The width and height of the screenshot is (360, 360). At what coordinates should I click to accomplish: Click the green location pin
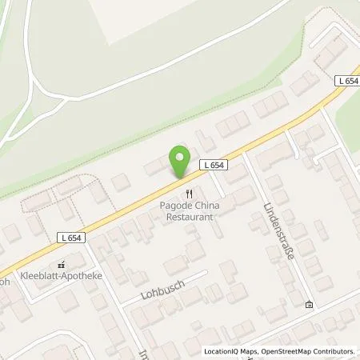coord(179,163)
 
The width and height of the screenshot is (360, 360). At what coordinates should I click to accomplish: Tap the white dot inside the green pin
coord(179,158)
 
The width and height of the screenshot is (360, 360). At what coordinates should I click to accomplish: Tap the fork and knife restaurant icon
coord(189,193)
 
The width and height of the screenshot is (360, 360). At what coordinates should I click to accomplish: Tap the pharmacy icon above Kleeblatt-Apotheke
coord(58,264)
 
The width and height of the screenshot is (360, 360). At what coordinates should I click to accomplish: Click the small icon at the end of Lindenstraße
coord(309,305)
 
